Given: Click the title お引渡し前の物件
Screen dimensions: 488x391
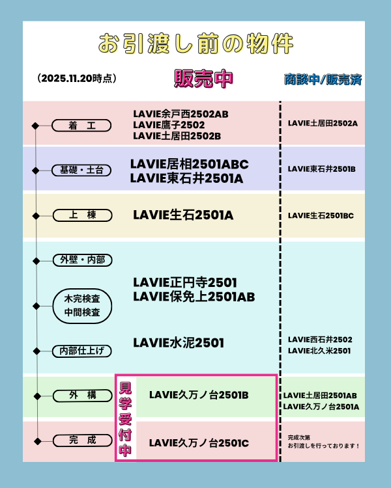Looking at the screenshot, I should pyautogui.click(x=195, y=44).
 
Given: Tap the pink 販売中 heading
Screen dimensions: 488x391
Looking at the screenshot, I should pyautogui.click(x=203, y=78).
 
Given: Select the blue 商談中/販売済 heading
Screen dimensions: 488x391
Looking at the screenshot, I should pyautogui.click(x=323, y=79).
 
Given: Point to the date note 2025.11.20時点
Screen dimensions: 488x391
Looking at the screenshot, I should pyautogui.click(x=77, y=78).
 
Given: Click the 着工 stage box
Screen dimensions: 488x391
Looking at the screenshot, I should pyautogui.click(x=81, y=126).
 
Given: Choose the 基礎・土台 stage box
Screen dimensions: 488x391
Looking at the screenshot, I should pyautogui.click(x=81, y=170).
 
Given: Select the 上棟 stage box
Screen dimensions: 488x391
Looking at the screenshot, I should pyautogui.click(x=82, y=215).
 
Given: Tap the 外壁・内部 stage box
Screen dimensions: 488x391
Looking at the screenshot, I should pyautogui.click(x=81, y=260).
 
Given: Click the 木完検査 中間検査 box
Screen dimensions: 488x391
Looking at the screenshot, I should pyautogui.click(x=82, y=306).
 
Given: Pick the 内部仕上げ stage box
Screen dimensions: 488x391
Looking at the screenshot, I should pyautogui.click(x=81, y=351).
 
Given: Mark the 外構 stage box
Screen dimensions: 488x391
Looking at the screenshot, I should pyautogui.click(x=82, y=395).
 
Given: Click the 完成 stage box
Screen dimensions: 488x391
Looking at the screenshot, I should pyautogui.click(x=82, y=441).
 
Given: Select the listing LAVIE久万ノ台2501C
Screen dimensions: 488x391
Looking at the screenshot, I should pyautogui.click(x=199, y=443).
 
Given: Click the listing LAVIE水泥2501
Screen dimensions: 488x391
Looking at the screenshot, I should pyautogui.click(x=178, y=342).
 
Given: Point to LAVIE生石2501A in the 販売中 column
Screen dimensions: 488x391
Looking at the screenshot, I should pyautogui.click(x=182, y=215).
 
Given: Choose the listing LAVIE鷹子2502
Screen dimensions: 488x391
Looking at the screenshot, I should pyautogui.click(x=169, y=125).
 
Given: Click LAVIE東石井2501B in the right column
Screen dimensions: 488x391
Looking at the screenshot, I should pyautogui.click(x=321, y=169).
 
